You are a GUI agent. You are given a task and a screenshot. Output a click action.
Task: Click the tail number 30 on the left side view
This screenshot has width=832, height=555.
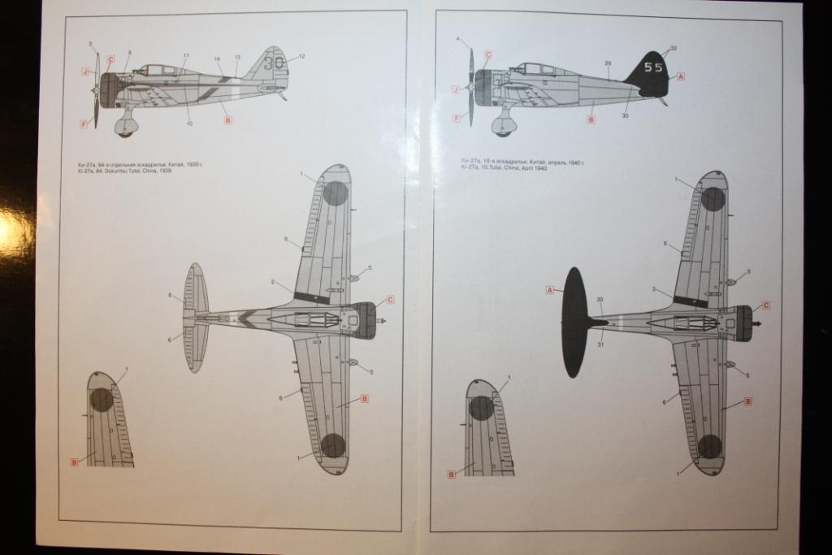273,63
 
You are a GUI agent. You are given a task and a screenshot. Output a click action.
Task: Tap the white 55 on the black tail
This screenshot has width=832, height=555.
653,67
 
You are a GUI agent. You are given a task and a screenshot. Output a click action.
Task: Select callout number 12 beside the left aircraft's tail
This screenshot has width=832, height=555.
301,56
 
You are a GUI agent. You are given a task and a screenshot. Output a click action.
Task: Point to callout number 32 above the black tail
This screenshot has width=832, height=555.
674,49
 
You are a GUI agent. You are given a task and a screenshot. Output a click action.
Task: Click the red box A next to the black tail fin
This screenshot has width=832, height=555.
681,76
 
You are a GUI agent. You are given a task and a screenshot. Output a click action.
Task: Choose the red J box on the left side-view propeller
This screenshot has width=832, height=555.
84,72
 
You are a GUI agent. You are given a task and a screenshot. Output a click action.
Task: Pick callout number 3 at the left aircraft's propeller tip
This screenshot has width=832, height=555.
90,43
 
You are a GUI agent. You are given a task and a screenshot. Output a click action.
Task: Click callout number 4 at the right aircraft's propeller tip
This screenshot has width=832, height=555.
458,39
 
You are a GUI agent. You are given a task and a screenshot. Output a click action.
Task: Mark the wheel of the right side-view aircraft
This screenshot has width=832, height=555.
504,128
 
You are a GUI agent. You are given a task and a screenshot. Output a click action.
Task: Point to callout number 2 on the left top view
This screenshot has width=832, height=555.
272,282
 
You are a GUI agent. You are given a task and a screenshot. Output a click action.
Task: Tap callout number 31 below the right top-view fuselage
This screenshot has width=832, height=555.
600,344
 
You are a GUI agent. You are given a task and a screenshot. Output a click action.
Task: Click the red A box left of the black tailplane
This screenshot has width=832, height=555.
550,290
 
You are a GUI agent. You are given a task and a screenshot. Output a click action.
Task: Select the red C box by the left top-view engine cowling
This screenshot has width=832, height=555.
390,300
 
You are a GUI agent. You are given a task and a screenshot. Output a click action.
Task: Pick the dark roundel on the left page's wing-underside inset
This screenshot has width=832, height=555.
101,399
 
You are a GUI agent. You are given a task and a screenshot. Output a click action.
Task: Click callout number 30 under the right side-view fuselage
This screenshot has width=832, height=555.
626,116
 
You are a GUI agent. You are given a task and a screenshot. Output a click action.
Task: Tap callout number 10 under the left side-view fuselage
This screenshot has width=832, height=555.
190,124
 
